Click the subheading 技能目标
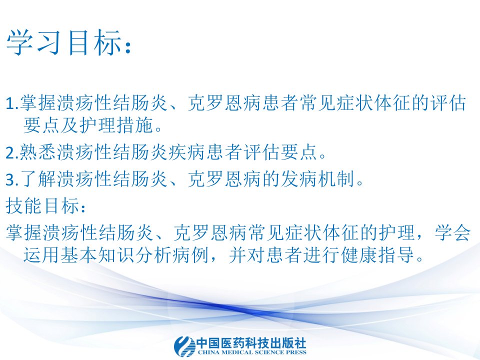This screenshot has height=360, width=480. click(x=42, y=205)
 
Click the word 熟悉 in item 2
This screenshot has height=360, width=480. click(x=38, y=152)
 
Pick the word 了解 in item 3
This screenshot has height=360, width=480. click(x=38, y=179)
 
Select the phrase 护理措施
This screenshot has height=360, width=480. click(x=116, y=125)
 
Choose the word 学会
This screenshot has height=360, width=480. click(x=452, y=232)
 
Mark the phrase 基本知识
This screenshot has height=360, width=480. click(x=97, y=254)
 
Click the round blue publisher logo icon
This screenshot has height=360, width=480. click(x=184, y=346)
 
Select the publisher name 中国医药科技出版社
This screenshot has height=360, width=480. click(x=251, y=343)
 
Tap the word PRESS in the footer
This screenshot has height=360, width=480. click(x=296, y=352)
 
